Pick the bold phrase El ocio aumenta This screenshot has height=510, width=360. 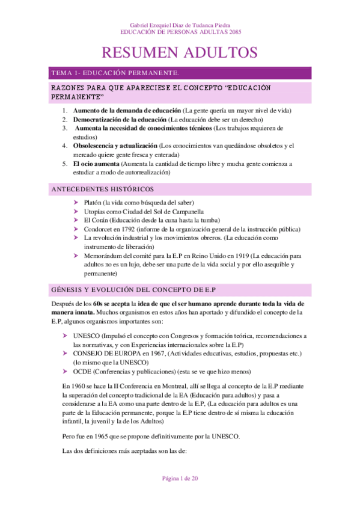point(96,163)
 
